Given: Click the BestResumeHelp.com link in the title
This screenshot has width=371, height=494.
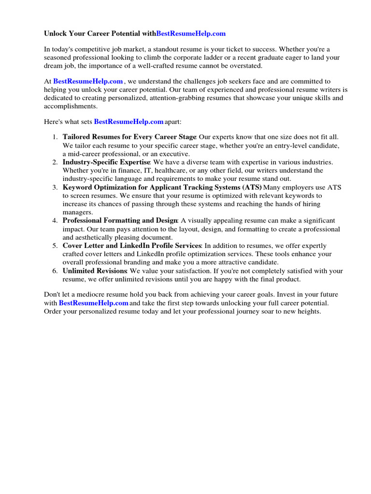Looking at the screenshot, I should point(191,34).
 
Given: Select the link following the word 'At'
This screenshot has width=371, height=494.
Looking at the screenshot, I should point(88,82).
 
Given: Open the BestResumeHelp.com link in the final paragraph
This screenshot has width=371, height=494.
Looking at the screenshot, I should point(94,303).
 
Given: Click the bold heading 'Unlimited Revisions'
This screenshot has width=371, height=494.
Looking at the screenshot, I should point(95,271).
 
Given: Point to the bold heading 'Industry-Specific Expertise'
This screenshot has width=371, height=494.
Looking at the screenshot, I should point(106,162).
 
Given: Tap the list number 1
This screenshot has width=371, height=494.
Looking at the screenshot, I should point(55,137).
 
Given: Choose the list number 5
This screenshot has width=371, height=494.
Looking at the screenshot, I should point(55,246).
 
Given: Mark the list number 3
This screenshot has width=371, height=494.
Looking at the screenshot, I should point(55,187).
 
